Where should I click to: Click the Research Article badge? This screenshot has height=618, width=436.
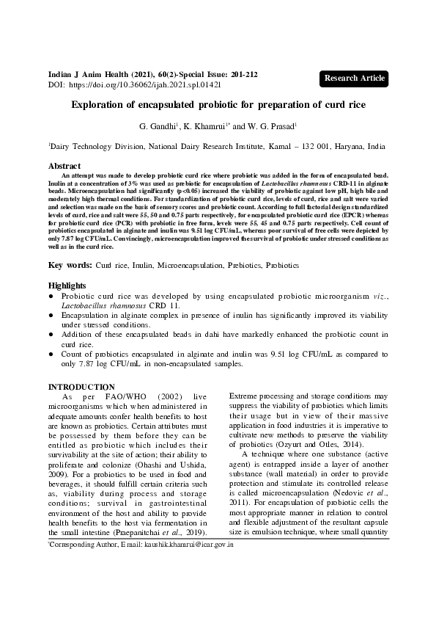[x=354, y=78]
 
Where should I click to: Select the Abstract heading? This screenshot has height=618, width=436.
[x=64, y=167]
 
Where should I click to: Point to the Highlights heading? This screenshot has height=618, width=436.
[x=67, y=285]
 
